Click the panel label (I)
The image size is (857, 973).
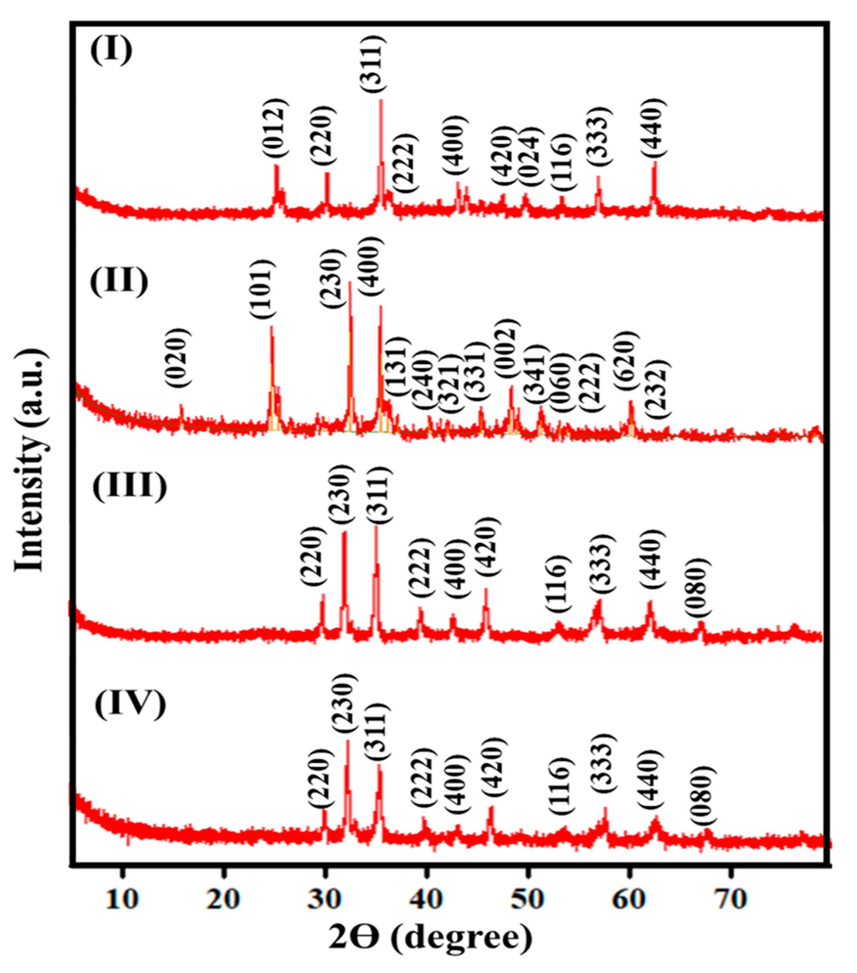(x=111, y=51)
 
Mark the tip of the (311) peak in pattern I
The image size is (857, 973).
(x=380, y=100)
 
